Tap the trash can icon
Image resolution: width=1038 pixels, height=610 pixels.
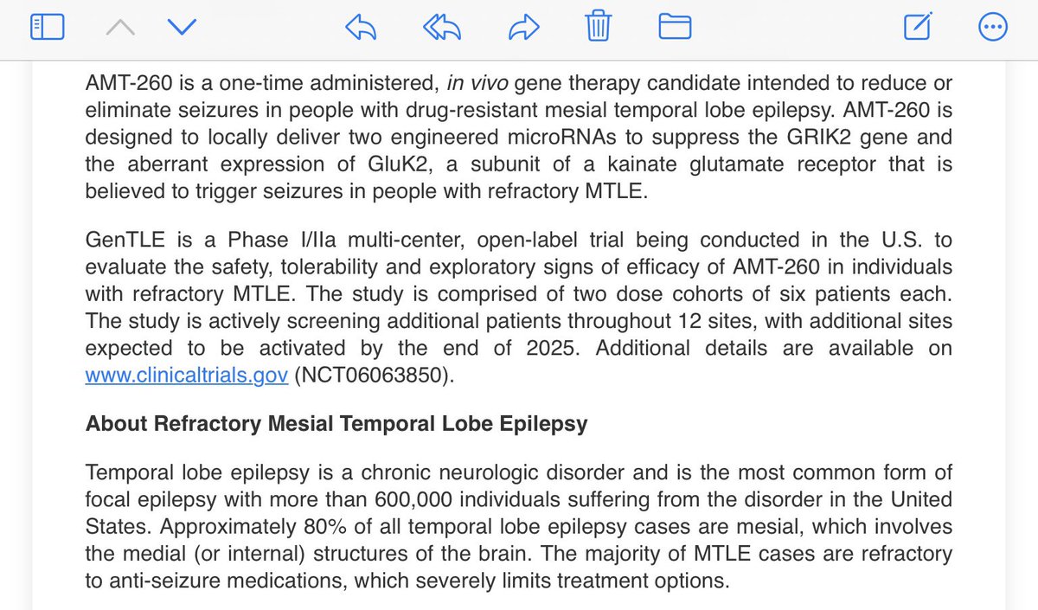[x=597, y=27]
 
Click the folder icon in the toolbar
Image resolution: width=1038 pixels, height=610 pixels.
[x=675, y=27]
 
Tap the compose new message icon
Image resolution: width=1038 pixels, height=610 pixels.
[x=917, y=27]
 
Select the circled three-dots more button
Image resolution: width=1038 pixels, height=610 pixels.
[x=992, y=27]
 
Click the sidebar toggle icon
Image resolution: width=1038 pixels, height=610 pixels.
[x=48, y=28]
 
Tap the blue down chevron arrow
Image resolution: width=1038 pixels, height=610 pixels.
[x=182, y=27]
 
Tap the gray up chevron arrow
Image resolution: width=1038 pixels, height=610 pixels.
[x=120, y=27]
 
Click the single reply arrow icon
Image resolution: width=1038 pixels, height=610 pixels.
[x=360, y=27]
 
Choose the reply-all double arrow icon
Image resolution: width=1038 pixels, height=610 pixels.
[x=441, y=27]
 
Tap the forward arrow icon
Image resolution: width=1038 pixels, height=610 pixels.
[x=522, y=27]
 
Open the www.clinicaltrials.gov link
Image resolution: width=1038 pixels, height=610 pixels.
[x=186, y=376]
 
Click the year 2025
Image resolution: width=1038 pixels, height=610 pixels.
[x=549, y=349]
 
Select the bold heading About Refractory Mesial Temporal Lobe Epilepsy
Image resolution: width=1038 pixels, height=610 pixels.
[x=336, y=424]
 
